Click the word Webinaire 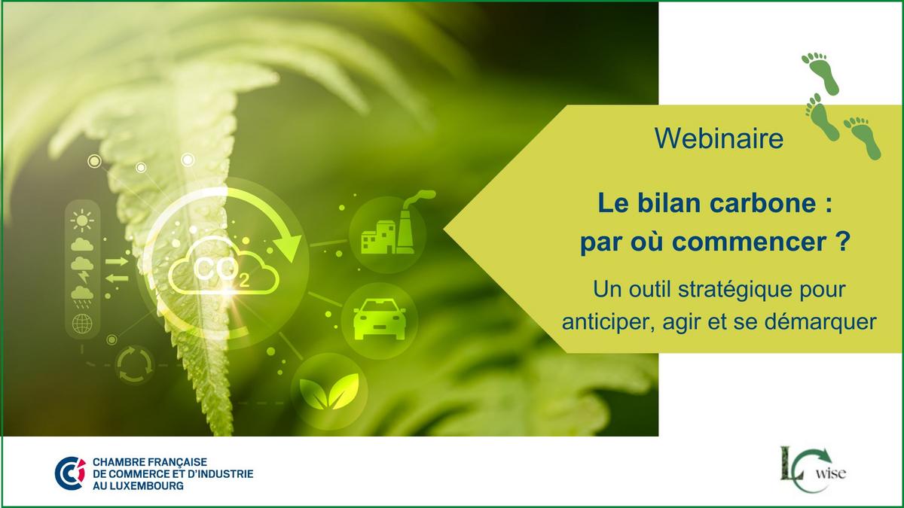(x=719, y=138)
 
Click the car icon (x=380, y=319)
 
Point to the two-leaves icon (x=329, y=391)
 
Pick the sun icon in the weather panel (x=82, y=221)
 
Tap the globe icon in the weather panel (x=82, y=324)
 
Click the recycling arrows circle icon (x=135, y=364)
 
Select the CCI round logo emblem (x=70, y=473)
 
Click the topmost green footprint (x=821, y=73)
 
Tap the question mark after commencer (x=842, y=241)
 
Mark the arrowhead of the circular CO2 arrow (x=287, y=247)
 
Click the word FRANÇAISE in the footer (x=178, y=461)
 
